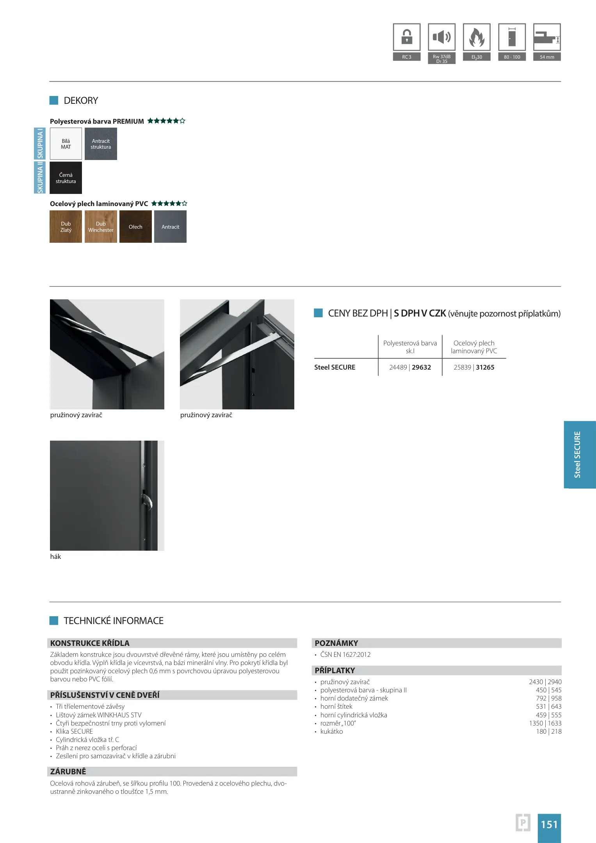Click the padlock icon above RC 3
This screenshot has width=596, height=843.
pos(407,37)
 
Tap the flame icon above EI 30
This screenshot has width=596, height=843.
pos(477,37)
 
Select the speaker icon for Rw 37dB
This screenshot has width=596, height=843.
pos(441,37)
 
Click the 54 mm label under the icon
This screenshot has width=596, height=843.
pos(547,57)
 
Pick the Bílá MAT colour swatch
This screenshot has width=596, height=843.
pos(66,144)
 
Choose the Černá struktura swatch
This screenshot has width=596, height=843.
pos(66,178)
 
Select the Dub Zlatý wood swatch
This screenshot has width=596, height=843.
pos(66,227)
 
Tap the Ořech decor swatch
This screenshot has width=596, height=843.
pos(135,227)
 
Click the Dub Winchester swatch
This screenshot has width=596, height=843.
pos(101,227)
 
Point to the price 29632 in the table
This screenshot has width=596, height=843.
pos(422,367)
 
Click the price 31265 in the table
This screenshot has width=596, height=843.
pos(485,367)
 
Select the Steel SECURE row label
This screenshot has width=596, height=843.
pos(335,367)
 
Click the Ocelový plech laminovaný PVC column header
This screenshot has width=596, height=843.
pos(474,347)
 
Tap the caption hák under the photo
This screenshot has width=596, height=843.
pos(55,557)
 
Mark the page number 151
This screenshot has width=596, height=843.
pos(549,824)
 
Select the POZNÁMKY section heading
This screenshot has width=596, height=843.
pos(336,643)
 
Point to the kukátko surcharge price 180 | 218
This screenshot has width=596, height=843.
pos(549,731)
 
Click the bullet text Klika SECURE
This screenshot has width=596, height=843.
pos(74,731)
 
